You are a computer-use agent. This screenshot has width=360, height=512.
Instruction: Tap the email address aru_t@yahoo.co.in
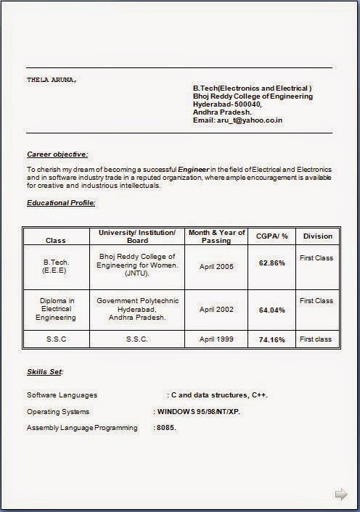point(237,120)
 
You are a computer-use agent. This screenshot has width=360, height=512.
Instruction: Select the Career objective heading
point(57,154)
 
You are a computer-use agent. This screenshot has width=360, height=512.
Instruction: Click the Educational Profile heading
point(61,202)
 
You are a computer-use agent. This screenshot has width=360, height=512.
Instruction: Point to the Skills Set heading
point(45,372)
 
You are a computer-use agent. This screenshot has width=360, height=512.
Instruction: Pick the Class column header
point(56,240)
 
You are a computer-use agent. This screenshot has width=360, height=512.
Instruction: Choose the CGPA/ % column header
point(272,236)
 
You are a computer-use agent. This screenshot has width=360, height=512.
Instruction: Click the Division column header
point(317,236)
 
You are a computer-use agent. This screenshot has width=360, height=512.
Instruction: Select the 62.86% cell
point(272,263)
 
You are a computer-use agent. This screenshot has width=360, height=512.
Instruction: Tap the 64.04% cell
point(272,310)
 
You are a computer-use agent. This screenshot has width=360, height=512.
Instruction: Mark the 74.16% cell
point(272,339)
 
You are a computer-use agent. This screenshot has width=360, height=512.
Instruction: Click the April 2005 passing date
point(216,266)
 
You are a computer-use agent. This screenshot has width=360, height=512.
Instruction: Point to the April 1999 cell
point(216,339)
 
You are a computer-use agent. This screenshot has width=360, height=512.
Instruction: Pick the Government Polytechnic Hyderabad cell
point(136,309)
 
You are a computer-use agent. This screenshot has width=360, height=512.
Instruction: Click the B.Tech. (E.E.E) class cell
point(56,265)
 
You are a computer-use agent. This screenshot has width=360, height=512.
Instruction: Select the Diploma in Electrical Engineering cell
point(56,309)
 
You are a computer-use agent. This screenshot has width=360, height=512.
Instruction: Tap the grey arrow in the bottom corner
point(340,495)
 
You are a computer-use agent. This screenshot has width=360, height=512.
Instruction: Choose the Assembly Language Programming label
point(82,428)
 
